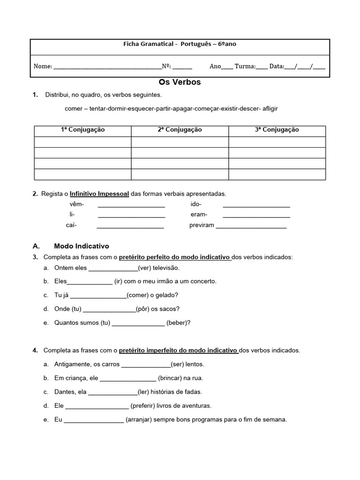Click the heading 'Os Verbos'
(180, 82)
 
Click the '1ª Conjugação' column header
(82, 130)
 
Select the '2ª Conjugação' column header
(180, 130)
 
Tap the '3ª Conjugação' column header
(277, 130)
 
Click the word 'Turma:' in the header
(245, 67)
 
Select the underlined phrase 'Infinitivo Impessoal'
(99, 194)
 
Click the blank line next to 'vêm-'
(131, 205)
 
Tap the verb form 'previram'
(202, 225)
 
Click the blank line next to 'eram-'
(256, 215)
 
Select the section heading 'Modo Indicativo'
(82, 246)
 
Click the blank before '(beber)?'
(138, 323)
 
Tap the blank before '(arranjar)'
(94, 420)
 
